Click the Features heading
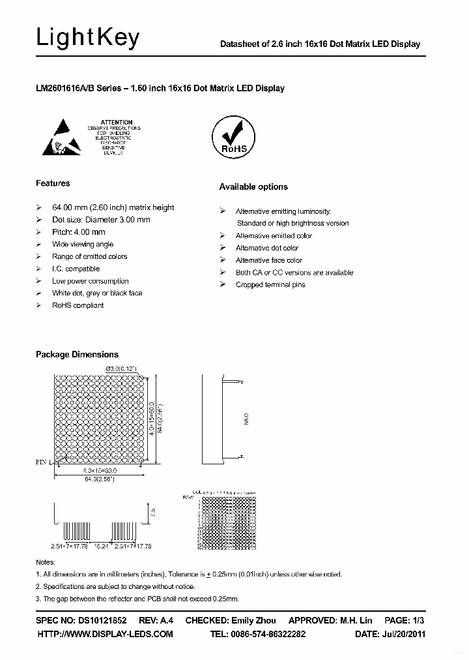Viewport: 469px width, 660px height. (53, 183)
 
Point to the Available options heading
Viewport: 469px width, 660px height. (253, 187)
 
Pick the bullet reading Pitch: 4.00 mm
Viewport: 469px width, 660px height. (78, 232)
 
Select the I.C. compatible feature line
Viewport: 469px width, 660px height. (76, 269)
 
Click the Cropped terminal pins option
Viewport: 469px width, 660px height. (270, 285)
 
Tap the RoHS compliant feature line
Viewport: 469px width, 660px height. (78, 305)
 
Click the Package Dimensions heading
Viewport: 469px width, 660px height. (77, 355)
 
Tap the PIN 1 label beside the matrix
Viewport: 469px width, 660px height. (42, 461)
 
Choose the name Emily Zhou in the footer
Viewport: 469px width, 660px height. (253, 620)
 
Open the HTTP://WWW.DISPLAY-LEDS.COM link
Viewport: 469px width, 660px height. (105, 634)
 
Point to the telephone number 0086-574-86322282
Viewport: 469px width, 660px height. (267, 634)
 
